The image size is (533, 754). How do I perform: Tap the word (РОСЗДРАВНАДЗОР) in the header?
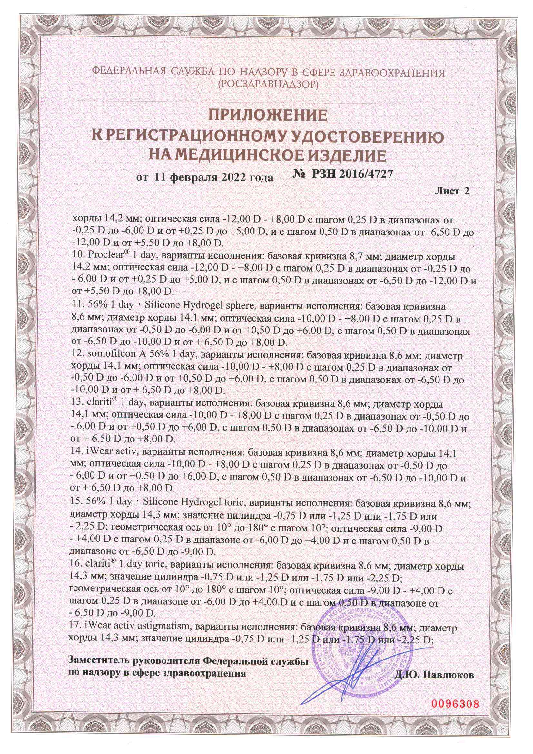click(268, 85)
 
